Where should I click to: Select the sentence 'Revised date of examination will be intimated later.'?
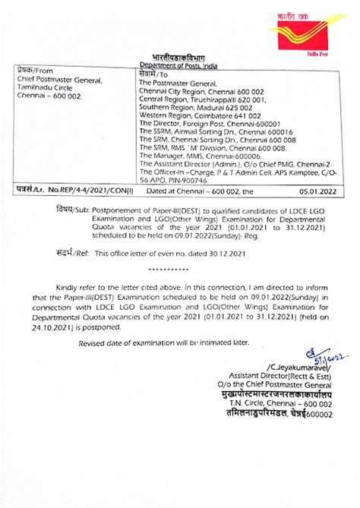coord(164,342)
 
